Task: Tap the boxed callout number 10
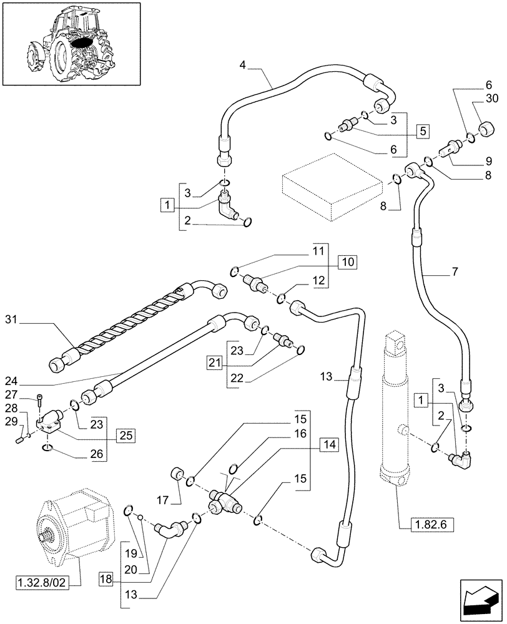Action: coord(347,263)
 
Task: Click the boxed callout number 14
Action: coord(328,444)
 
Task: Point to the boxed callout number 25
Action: coord(126,434)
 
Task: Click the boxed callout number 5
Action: coord(423,131)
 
